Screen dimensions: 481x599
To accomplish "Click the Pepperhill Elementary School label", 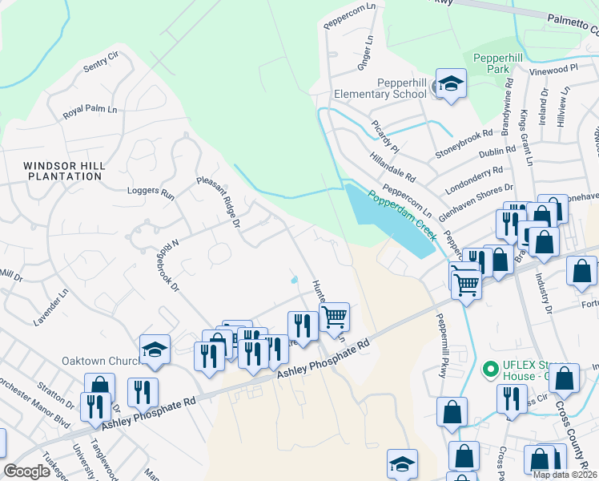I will tap(402, 88).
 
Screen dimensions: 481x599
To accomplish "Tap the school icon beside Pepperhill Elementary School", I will tap(451, 84).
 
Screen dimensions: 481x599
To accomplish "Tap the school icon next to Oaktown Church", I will tap(155, 350).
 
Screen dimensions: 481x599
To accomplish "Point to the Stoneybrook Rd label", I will tap(463, 143).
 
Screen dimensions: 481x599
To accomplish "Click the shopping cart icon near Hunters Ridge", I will tap(334, 315).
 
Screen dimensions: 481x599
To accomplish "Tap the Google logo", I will tap(26, 471).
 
